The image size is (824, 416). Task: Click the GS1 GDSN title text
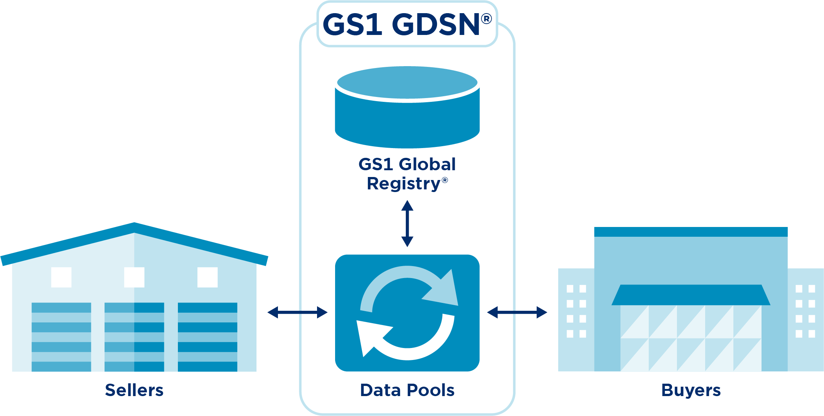[401, 25]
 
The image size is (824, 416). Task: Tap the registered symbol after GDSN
[486, 18]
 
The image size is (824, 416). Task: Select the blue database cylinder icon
[407, 107]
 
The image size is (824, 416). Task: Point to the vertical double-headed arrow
[407, 224]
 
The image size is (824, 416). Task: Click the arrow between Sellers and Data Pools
[297, 312]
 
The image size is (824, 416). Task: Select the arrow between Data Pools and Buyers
[517, 312]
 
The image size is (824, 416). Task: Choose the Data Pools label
[407, 390]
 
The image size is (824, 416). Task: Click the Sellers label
[134, 390]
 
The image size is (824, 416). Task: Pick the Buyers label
[691, 390]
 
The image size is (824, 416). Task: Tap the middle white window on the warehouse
[134, 277]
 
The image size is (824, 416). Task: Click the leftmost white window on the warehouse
[61, 277]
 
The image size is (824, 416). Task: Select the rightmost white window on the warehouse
[208, 277]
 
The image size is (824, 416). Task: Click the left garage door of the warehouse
[61, 337]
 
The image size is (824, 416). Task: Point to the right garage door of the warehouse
[208, 337]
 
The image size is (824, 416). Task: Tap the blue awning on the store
[691, 295]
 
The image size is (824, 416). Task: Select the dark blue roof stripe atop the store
[691, 231]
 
